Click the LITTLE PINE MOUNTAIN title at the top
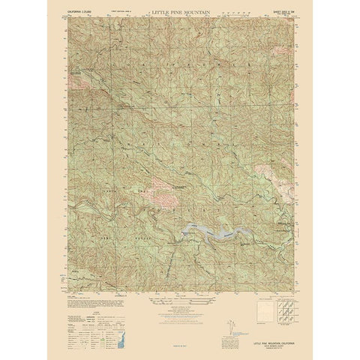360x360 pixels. coord(180,14)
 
